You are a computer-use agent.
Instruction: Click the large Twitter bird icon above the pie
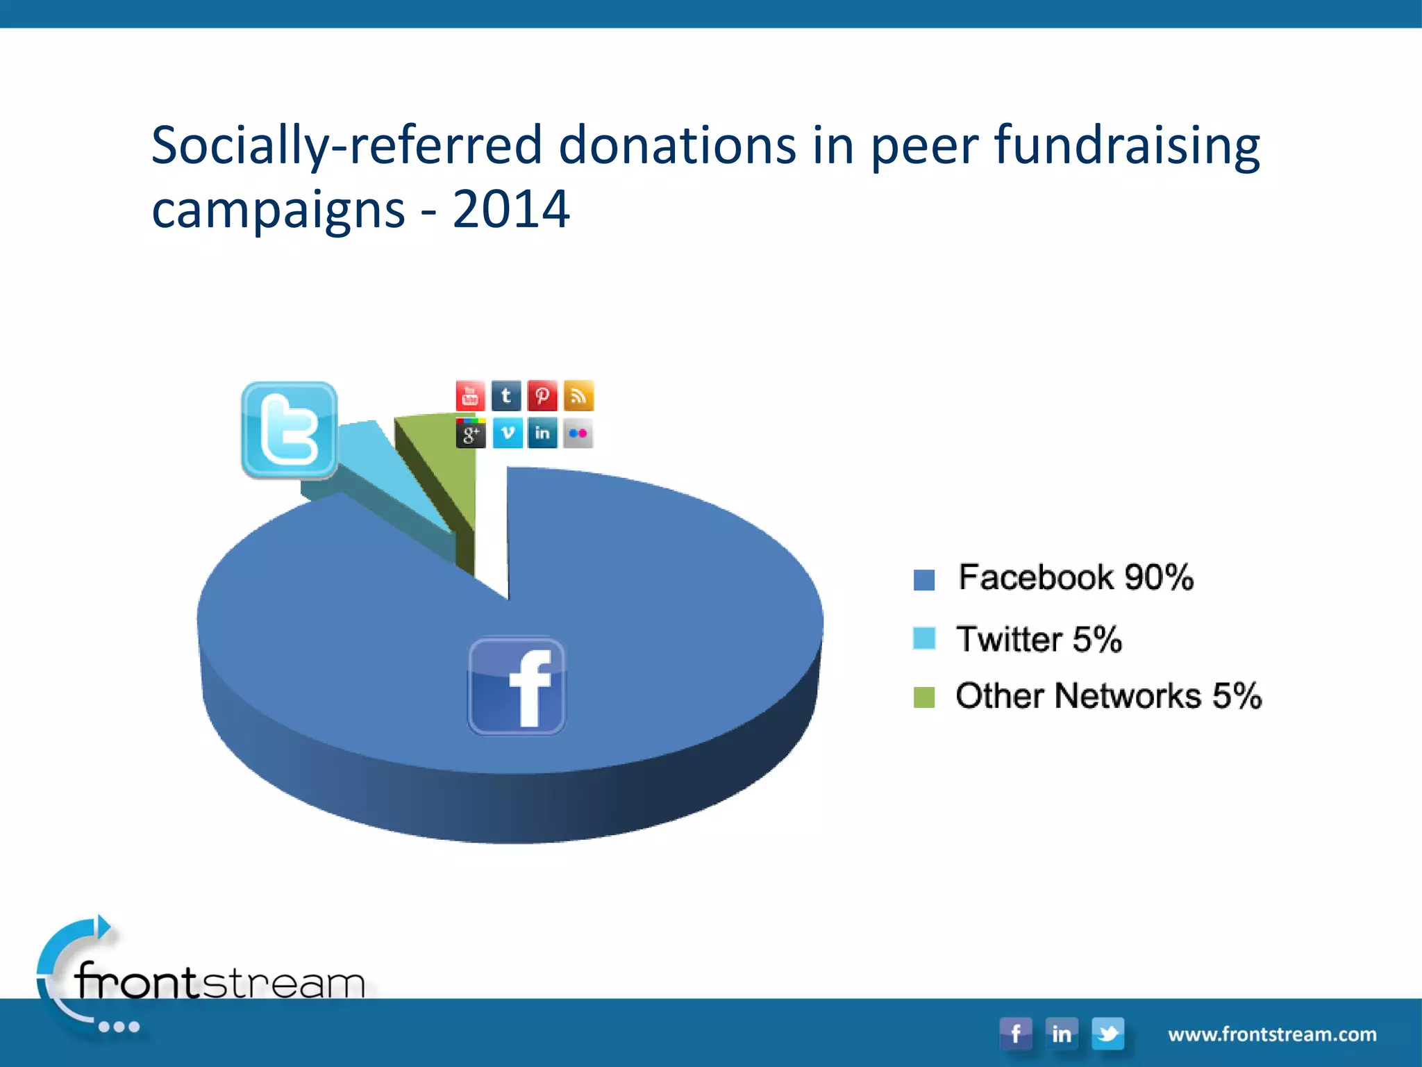pyautogui.click(x=290, y=430)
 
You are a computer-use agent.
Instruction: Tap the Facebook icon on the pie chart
pyautogui.click(x=517, y=686)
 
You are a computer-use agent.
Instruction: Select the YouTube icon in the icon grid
pyautogui.click(x=470, y=396)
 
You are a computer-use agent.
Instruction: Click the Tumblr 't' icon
pyautogui.click(x=506, y=396)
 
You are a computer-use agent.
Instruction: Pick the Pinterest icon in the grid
pyautogui.click(x=542, y=396)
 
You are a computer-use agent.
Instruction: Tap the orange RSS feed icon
pyautogui.click(x=578, y=396)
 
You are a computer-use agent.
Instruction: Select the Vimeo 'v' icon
pyautogui.click(x=508, y=433)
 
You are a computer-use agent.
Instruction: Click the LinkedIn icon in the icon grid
pyautogui.click(x=542, y=433)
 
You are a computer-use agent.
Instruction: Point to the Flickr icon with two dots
pyautogui.click(x=578, y=433)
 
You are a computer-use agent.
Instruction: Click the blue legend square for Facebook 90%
pyautogui.click(x=924, y=579)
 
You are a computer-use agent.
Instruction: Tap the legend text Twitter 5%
pyautogui.click(x=1039, y=639)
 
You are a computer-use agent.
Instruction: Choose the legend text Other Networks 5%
pyautogui.click(x=1108, y=696)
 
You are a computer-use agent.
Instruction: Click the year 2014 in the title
pyautogui.click(x=511, y=208)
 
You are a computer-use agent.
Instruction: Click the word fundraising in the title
pyautogui.click(x=1127, y=145)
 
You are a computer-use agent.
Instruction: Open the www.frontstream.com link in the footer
pyautogui.click(x=1272, y=1034)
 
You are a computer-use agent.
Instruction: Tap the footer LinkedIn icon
pyautogui.click(x=1062, y=1034)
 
